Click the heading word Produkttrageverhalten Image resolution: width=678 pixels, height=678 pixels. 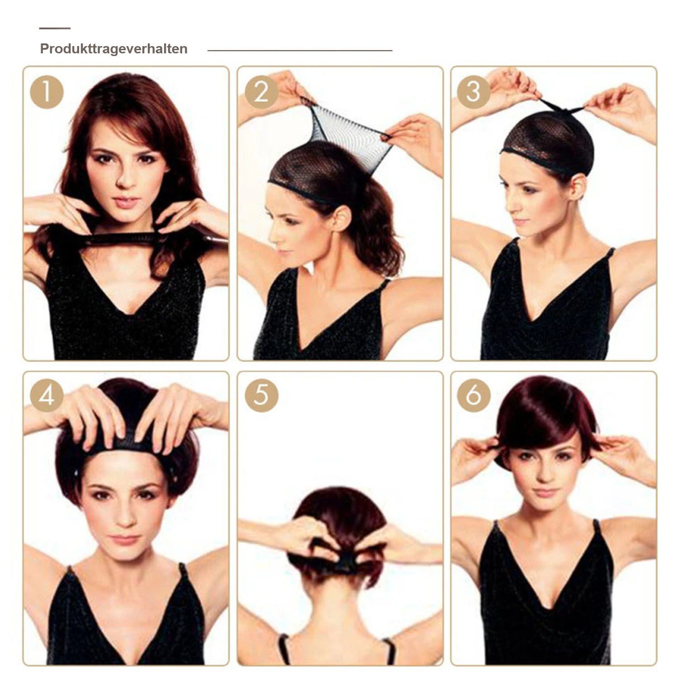[114, 49]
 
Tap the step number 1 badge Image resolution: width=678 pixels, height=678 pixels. [47, 92]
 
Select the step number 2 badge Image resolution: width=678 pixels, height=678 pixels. [262, 92]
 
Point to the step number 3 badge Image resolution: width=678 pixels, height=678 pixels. [474, 92]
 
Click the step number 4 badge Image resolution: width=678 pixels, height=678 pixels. [47, 396]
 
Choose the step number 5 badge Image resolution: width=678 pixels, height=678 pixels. [262, 396]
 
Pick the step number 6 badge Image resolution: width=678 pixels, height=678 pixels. [474, 396]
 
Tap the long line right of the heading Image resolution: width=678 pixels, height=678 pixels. [300, 51]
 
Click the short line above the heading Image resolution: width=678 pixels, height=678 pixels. [55, 28]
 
